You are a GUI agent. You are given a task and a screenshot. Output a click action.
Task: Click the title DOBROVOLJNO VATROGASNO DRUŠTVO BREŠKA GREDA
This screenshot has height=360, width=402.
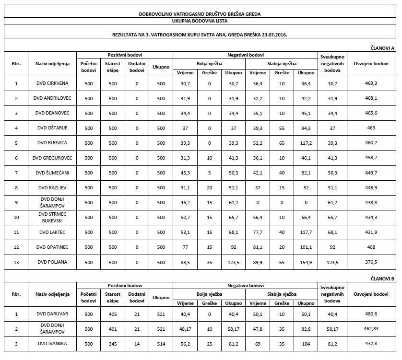(200, 14)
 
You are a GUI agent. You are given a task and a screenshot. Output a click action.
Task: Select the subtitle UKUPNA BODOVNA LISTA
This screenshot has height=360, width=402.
(200, 21)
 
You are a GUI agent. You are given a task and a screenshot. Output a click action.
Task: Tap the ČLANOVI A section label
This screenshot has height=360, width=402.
(382, 48)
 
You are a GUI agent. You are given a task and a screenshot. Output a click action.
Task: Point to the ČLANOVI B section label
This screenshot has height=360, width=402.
(382, 278)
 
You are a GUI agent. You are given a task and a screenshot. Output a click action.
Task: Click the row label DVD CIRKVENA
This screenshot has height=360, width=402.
(52, 83)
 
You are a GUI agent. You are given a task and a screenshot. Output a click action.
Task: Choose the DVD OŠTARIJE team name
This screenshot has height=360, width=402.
(52, 128)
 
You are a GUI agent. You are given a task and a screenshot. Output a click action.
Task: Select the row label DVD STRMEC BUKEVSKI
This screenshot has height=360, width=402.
(52, 217)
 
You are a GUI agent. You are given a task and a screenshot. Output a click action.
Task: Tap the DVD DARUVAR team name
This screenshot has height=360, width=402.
(52, 314)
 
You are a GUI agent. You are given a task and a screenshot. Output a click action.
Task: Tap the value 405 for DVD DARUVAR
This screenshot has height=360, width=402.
(113, 314)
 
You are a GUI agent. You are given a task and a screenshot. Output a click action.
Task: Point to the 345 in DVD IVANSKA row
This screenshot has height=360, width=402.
(113, 344)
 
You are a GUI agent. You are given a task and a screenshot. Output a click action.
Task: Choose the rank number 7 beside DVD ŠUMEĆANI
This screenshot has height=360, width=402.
(16, 173)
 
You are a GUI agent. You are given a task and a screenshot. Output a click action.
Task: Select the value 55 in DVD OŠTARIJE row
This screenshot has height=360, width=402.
(282, 128)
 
